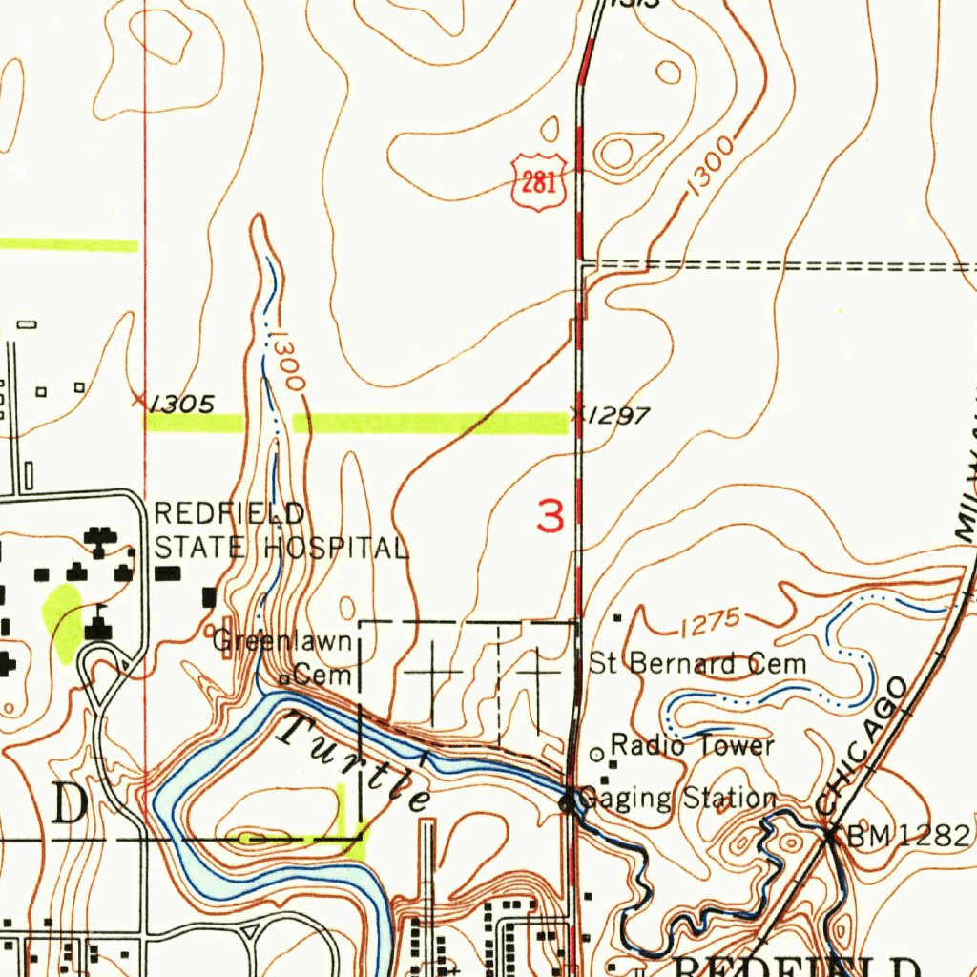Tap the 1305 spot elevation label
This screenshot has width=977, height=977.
182,404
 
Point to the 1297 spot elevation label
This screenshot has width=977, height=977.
618,415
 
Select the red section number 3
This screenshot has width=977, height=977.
551,516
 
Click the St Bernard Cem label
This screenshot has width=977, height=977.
697,663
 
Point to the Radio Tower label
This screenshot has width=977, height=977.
692,744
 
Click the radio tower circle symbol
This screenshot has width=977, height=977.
597,754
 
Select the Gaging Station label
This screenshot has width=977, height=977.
678,798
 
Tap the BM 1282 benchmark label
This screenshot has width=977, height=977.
909,836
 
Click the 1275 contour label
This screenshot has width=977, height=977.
711,623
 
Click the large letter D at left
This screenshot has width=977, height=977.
70,806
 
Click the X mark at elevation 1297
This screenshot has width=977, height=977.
576,413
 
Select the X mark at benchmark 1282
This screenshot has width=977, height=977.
829,835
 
